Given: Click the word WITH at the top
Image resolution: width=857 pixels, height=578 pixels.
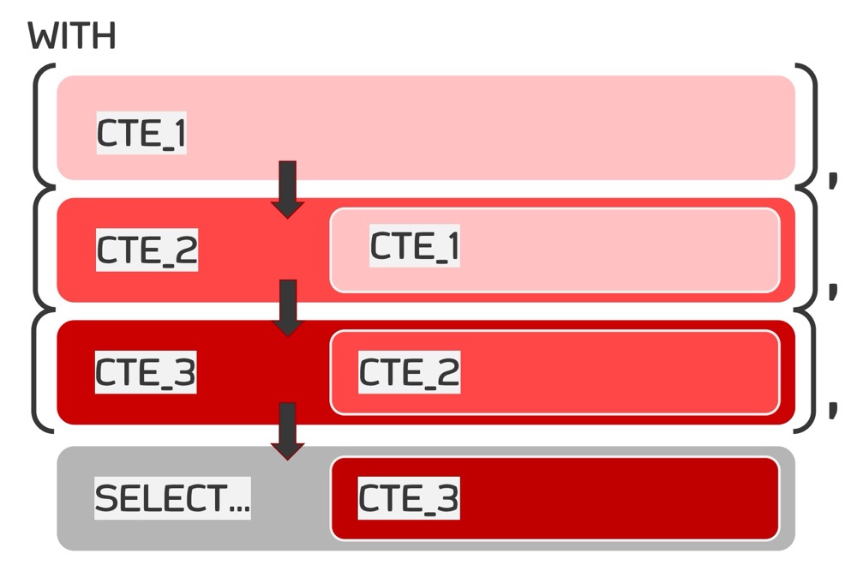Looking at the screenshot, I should coord(72,37).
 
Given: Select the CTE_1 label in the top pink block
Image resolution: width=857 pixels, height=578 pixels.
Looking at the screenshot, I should coord(141,134).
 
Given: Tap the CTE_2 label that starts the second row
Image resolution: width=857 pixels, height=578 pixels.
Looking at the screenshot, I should coord(147,250).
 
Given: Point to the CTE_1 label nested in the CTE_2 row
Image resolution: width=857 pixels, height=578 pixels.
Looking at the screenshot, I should coord(415,246).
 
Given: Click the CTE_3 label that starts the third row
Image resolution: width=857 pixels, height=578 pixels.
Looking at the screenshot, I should coord(146,372).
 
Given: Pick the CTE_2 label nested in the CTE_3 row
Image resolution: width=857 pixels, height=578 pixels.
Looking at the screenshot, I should coord(409,372).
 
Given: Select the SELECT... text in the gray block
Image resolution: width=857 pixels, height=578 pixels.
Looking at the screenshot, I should coord(172,498).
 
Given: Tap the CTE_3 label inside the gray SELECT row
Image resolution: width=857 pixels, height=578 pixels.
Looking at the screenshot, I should coord(408,498).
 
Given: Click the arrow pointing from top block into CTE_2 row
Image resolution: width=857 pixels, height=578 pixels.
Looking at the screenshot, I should coord(288,190).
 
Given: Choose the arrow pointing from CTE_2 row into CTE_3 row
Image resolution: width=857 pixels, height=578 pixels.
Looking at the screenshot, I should coord(288,308).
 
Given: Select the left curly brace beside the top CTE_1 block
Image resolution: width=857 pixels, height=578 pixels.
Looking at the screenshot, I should coord(39,124).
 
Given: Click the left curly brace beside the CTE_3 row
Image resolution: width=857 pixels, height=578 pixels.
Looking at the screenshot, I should coord(39,371).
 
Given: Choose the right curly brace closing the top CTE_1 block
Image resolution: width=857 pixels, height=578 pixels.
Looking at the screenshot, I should coord(808,124).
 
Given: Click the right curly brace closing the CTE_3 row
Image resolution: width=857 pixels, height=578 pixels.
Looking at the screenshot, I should coord(808,371).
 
